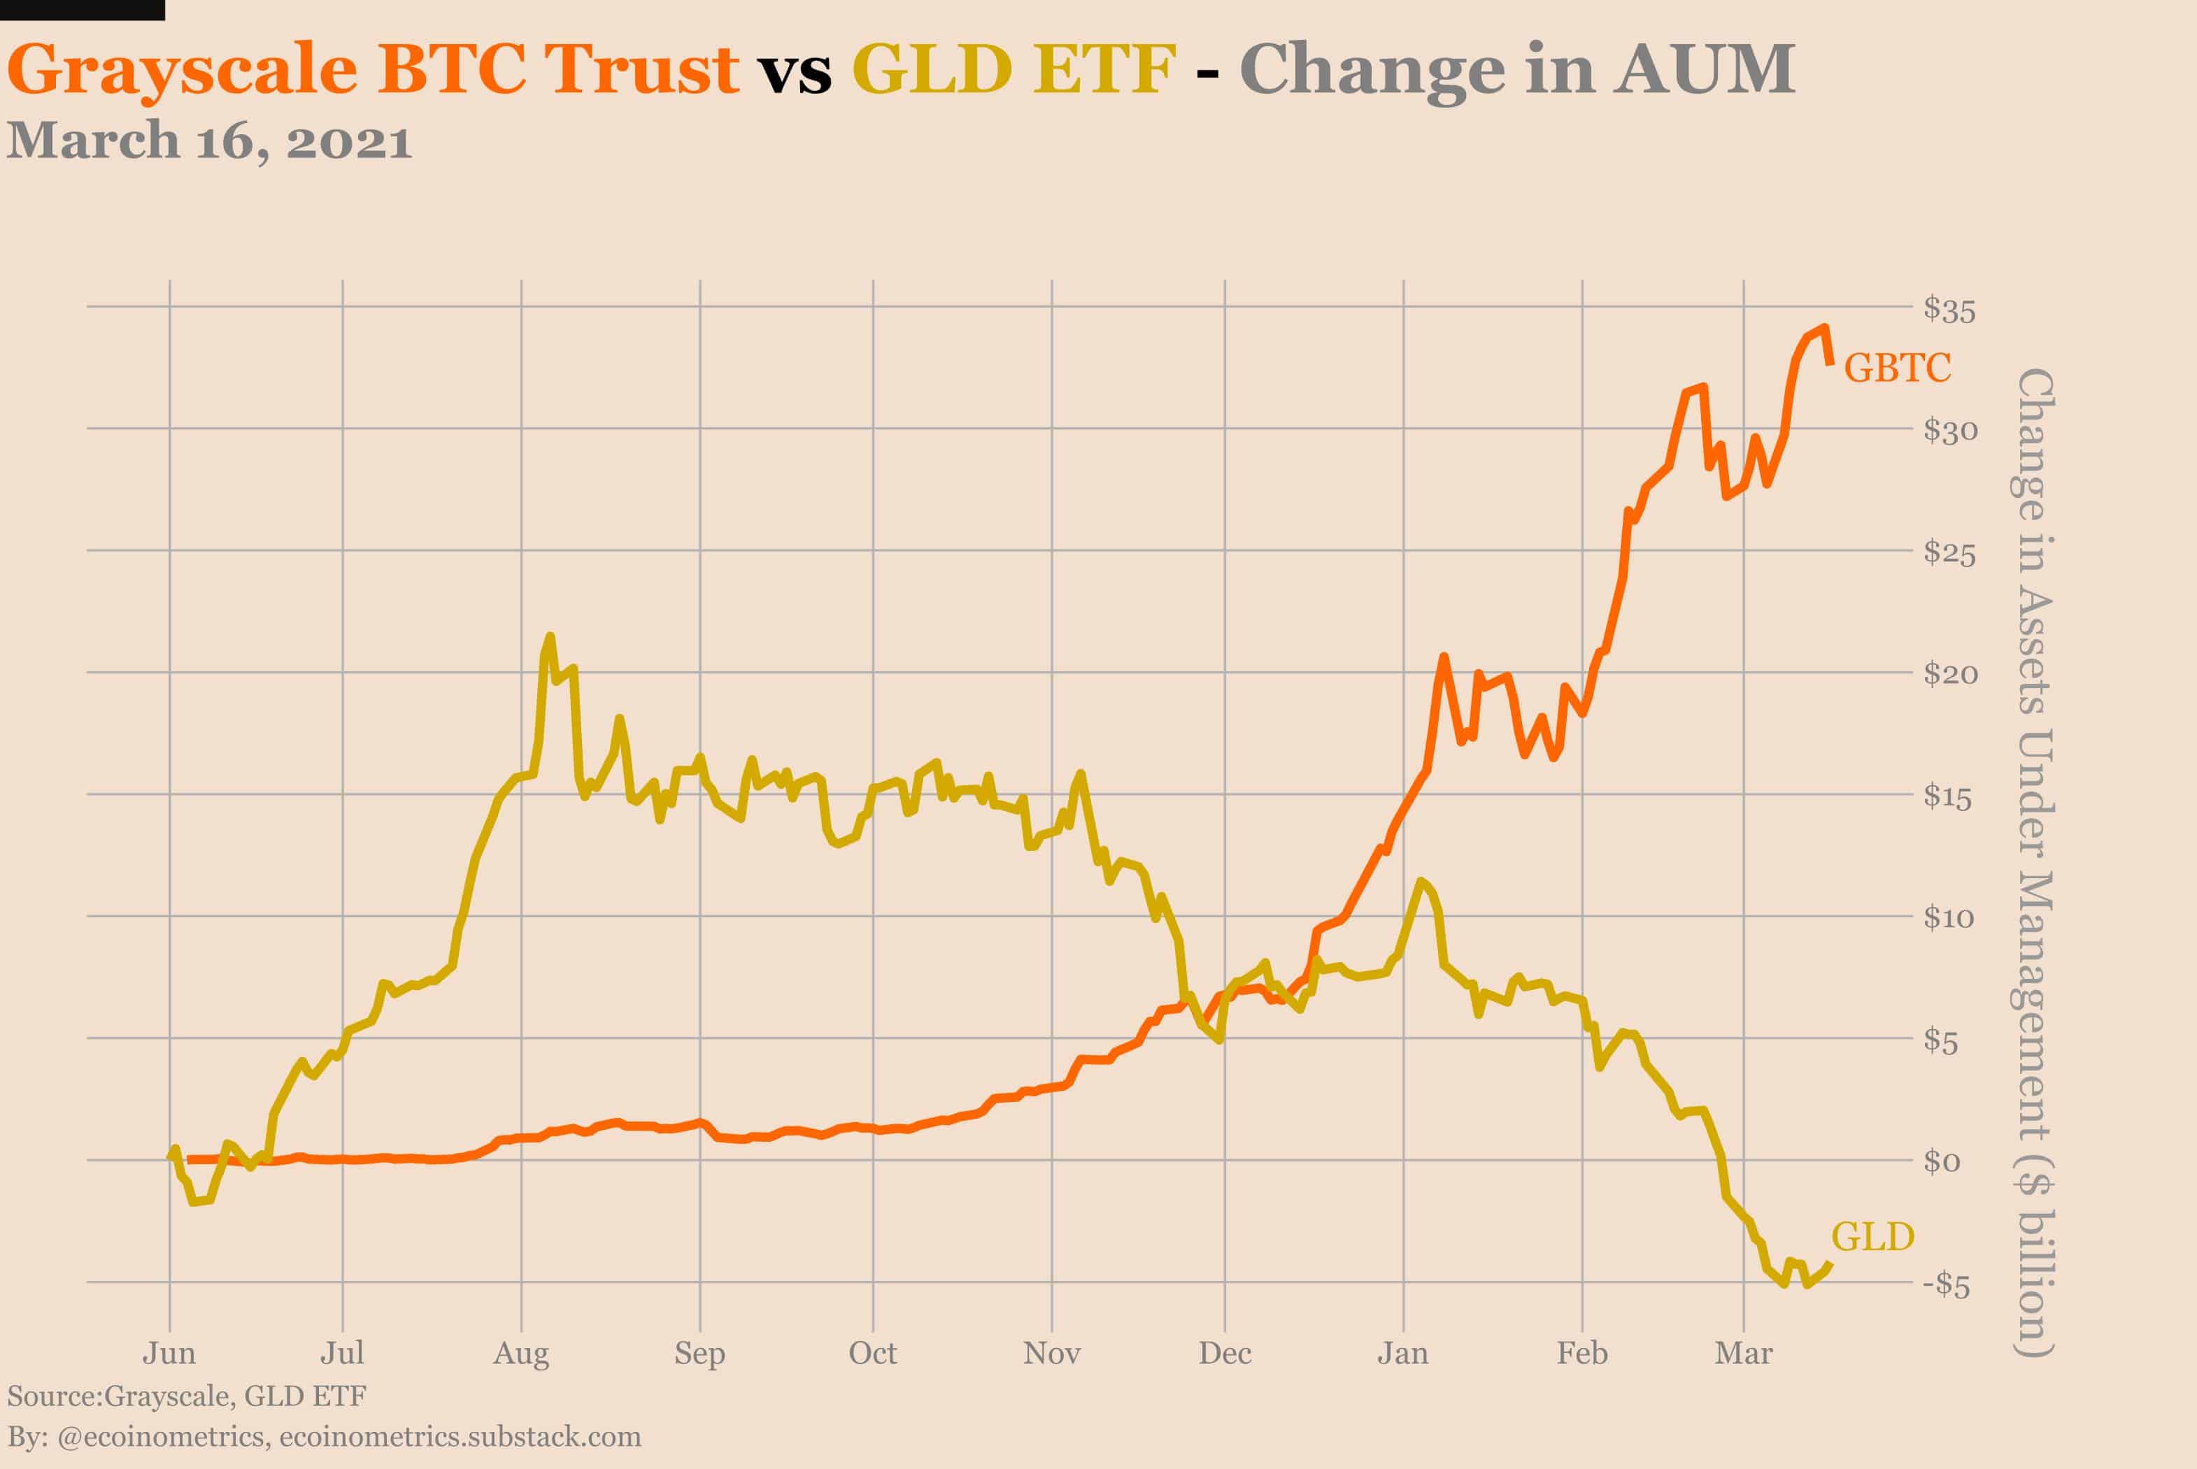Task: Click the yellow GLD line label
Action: click(x=1872, y=1237)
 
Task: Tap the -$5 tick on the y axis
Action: click(x=1946, y=1284)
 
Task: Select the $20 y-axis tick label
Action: click(x=1949, y=673)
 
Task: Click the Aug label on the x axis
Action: click(x=521, y=1353)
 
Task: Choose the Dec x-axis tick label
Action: click(x=1224, y=1353)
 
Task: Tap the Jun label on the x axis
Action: click(x=169, y=1353)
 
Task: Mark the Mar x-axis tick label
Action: click(x=1743, y=1353)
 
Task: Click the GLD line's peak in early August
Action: click(x=550, y=637)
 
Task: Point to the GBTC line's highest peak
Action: click(x=1824, y=328)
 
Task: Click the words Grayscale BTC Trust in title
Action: click(x=373, y=69)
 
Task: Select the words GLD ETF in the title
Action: click(x=1014, y=69)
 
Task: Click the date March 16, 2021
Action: click(x=209, y=141)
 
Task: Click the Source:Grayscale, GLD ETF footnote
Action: click(x=187, y=1396)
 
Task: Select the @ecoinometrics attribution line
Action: click(x=323, y=1436)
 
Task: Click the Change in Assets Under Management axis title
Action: click(x=2034, y=862)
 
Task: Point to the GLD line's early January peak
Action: click(x=1421, y=881)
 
